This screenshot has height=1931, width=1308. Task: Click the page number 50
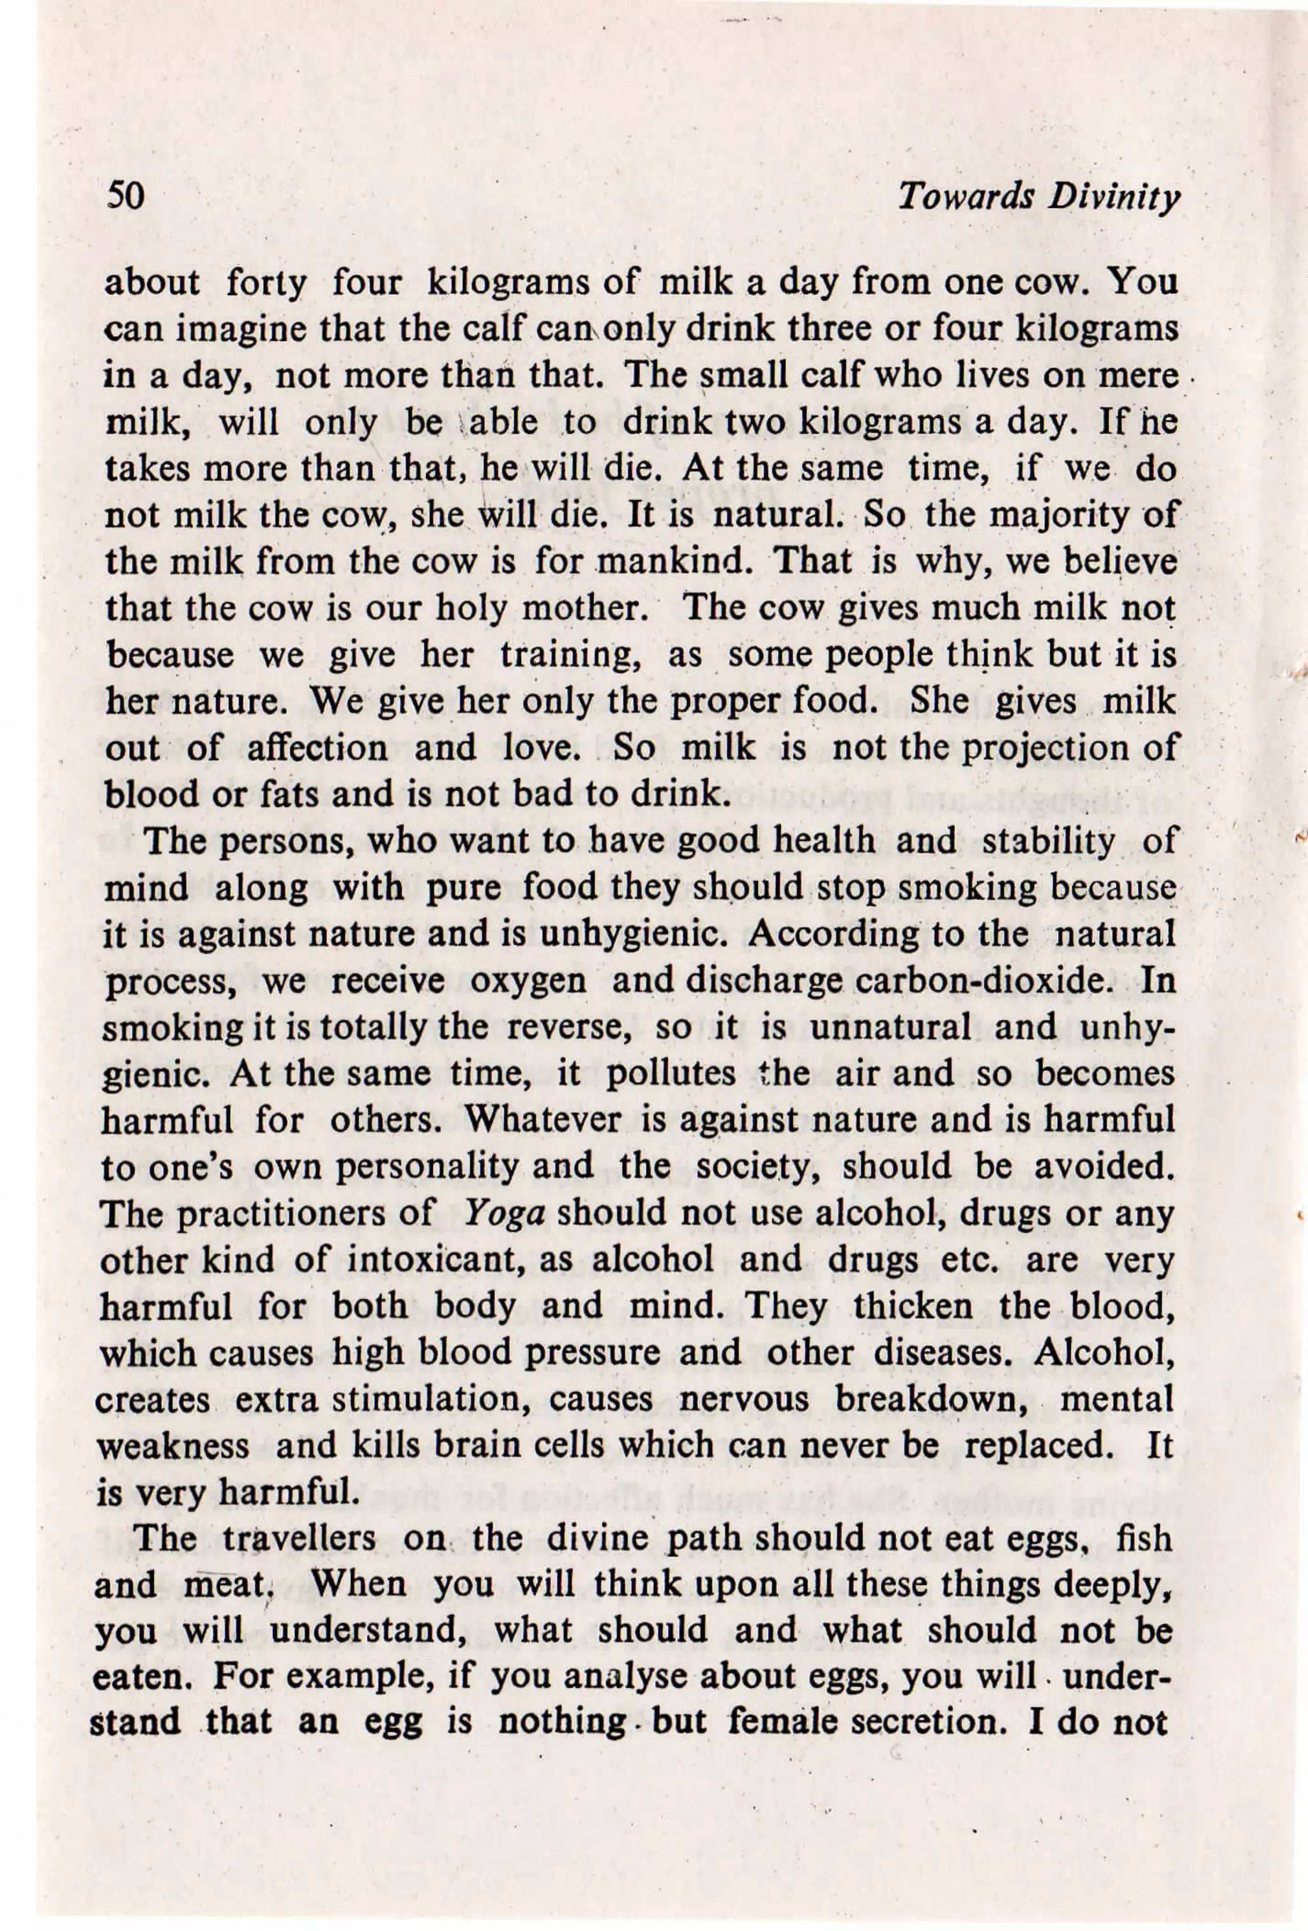(125, 196)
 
